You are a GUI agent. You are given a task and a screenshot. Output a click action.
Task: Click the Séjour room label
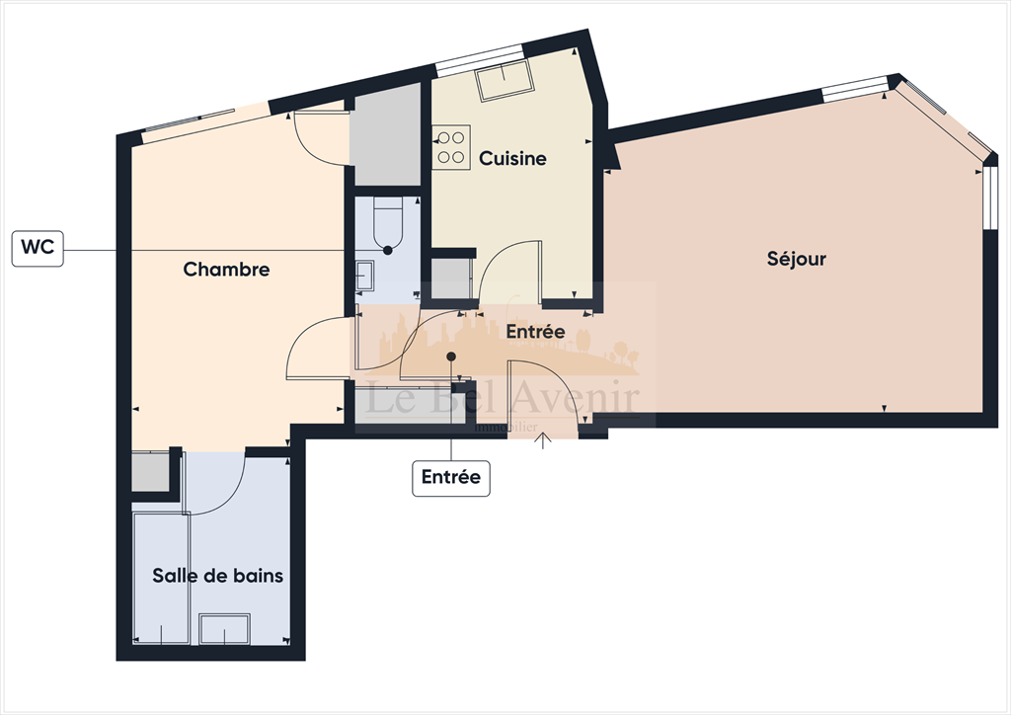click(796, 260)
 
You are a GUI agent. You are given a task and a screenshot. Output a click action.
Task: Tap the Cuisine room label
click(512, 158)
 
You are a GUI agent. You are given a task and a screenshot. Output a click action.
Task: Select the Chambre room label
click(226, 270)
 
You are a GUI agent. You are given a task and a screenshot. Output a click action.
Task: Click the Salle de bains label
click(217, 576)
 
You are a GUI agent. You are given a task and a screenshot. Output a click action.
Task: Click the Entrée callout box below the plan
click(450, 478)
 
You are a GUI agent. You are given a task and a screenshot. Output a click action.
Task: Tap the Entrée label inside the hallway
click(535, 333)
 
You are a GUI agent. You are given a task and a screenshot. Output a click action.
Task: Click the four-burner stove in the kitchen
click(451, 147)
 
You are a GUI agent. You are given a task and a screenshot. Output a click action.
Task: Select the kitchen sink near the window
click(504, 85)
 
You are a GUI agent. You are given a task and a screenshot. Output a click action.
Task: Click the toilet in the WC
click(388, 223)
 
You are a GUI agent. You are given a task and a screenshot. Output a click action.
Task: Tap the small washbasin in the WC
click(364, 276)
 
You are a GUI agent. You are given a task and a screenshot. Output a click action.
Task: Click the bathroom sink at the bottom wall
click(224, 629)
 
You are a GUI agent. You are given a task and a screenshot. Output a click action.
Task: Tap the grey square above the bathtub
click(150, 472)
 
